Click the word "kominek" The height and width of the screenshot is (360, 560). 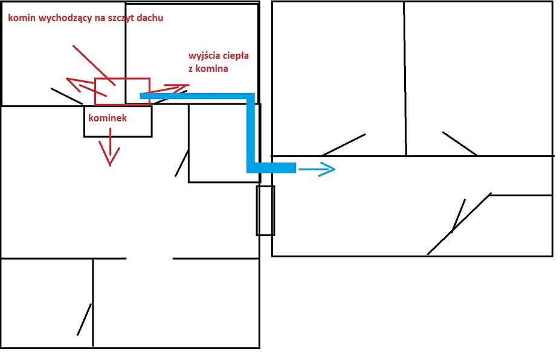(108, 118)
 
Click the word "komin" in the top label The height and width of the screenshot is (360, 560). (20, 19)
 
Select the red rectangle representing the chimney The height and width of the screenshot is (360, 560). (123, 91)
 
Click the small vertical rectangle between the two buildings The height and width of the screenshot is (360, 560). (265, 210)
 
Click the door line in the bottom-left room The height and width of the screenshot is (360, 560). (84, 320)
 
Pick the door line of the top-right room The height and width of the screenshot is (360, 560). (460, 143)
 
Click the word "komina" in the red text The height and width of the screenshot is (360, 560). (213, 69)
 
